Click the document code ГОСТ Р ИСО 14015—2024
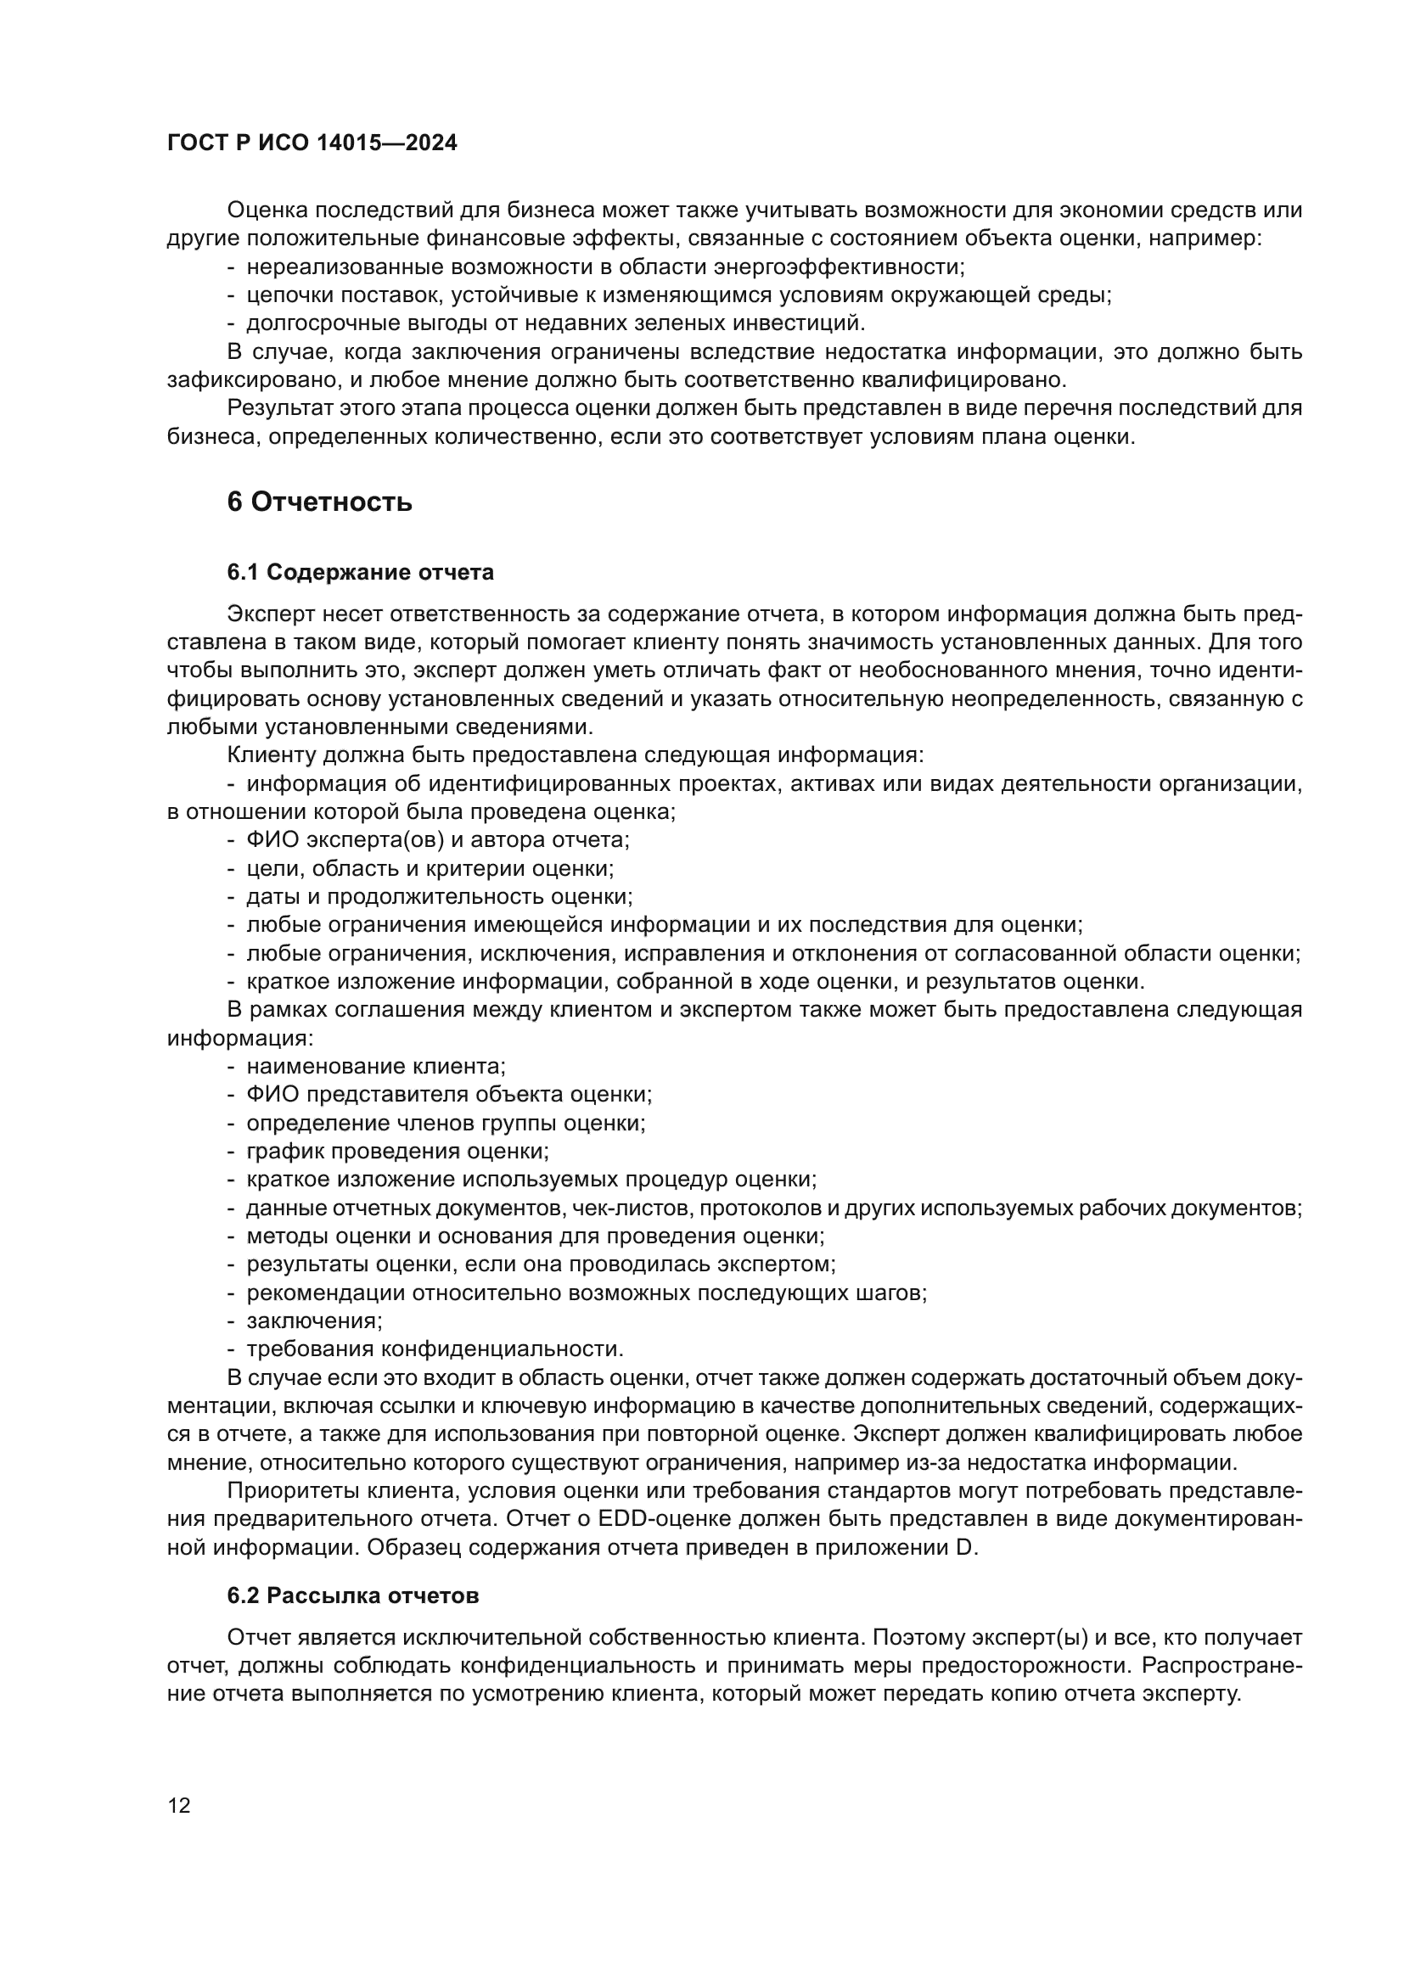pos(312,143)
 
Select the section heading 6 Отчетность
pos(319,502)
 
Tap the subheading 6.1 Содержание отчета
pos(361,572)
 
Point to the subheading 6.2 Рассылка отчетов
pos(353,1596)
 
